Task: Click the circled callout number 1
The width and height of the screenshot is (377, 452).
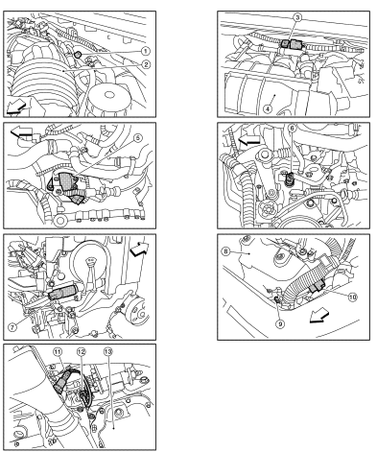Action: pos(146,51)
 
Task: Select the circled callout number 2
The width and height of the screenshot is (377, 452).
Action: pos(146,64)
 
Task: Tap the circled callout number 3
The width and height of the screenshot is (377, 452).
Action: pos(297,17)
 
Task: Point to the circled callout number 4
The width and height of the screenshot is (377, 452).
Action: pos(268,108)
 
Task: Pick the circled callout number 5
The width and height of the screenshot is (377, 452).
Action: pos(138,138)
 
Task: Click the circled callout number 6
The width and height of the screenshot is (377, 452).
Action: pos(292,128)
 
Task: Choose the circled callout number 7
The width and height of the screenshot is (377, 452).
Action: pos(12,327)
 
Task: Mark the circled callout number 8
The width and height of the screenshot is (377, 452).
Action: pos(225,251)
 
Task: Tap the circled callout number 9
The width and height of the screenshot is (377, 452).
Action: pos(280,324)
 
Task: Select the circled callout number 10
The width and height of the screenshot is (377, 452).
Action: pos(352,297)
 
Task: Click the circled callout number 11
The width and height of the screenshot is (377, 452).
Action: pos(58,352)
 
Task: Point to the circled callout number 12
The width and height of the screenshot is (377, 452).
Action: pos(82,352)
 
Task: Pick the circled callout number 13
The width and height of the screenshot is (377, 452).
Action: pos(108,352)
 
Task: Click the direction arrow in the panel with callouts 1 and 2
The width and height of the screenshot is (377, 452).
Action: pos(16,107)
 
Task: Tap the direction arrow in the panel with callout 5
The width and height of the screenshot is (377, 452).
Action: pos(22,132)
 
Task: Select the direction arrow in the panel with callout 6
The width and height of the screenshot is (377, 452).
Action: pos(249,139)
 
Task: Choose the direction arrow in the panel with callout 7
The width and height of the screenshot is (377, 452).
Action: pos(139,249)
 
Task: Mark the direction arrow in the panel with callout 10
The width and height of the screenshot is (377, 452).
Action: pos(320,315)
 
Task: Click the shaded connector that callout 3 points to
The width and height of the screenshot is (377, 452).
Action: pos(293,44)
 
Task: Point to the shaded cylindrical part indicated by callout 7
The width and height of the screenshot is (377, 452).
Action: pos(62,292)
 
